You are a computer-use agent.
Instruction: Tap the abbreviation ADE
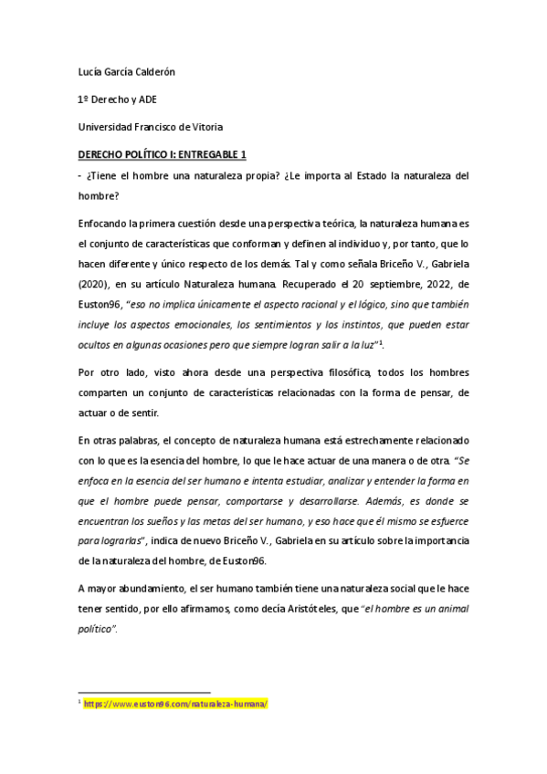[x=146, y=101]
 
